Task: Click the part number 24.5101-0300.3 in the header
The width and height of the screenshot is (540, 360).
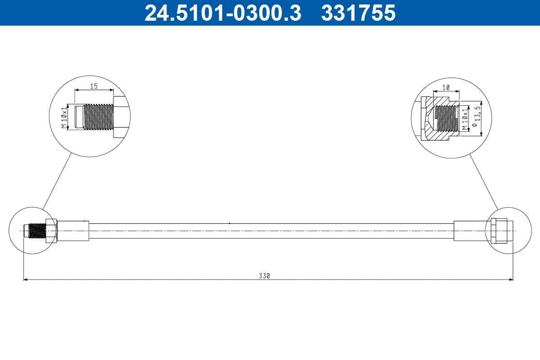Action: tap(222, 13)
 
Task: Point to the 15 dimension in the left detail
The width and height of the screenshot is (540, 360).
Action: tap(94, 86)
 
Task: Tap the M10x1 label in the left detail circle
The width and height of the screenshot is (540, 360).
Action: tap(64, 117)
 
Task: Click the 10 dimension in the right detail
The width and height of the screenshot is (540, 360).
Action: tap(445, 88)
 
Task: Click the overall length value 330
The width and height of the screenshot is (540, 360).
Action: tap(264, 276)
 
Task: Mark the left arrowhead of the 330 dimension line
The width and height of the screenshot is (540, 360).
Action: tap(25, 280)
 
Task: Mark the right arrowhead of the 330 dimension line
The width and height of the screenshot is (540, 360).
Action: tap(511, 280)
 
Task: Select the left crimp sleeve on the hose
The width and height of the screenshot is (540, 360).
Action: tap(73, 230)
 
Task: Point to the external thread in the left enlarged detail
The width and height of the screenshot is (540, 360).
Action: tap(98, 117)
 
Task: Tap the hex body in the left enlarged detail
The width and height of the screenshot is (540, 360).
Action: tap(121, 117)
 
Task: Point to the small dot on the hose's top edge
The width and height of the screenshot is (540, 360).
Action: tap(229, 223)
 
